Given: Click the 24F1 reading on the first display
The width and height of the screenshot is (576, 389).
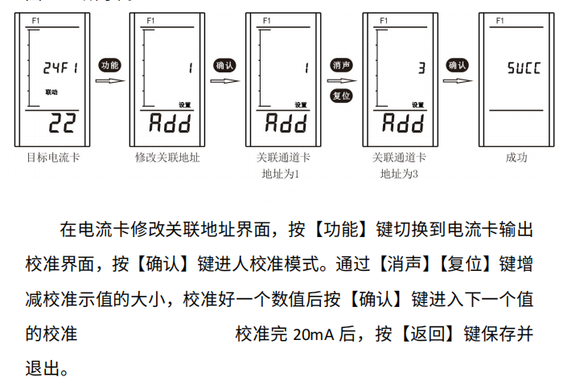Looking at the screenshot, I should click(x=60, y=69).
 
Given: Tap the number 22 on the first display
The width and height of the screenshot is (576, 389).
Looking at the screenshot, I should click(x=60, y=123).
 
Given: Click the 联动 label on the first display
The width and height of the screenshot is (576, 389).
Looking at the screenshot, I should click(x=51, y=93).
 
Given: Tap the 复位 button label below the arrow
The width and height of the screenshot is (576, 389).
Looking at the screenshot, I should click(x=342, y=96).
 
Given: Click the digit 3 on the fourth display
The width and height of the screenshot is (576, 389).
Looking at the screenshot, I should click(x=421, y=68).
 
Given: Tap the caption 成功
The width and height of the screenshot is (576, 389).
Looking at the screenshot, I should click(x=516, y=158).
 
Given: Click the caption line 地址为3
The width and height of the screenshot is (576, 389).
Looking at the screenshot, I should click(x=399, y=173).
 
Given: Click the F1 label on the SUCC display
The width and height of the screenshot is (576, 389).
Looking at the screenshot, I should click(x=500, y=19).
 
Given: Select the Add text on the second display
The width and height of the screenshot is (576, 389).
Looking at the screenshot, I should click(x=170, y=123).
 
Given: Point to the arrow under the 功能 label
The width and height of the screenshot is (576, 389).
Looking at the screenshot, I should click(x=109, y=80).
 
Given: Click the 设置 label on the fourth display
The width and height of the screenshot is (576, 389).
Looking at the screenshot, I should click(x=418, y=104).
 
